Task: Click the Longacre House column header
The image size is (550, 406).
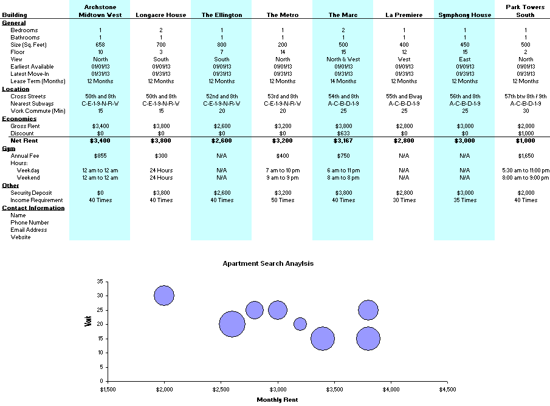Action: [x=160, y=15]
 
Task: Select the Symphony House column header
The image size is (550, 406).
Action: [x=464, y=15]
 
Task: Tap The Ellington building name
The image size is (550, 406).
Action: [x=221, y=15]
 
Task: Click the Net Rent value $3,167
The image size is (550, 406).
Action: [x=343, y=141]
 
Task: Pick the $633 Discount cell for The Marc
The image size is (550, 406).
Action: [x=343, y=133]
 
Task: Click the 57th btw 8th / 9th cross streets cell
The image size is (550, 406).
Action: [x=525, y=96]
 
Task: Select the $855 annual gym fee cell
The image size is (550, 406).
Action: [x=100, y=156]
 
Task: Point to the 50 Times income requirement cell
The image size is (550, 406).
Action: [x=282, y=200]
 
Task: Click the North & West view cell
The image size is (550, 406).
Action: [x=343, y=59]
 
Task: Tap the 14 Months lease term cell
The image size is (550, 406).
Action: [x=343, y=81]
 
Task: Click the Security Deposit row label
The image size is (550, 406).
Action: [x=32, y=193]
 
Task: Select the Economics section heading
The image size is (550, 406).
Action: [x=19, y=118]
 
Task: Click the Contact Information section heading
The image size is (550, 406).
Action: [x=33, y=208]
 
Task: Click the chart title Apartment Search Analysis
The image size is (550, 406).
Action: [x=268, y=264]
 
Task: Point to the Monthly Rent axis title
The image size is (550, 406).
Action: [x=277, y=399]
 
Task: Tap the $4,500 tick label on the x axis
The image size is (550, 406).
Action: [x=447, y=388]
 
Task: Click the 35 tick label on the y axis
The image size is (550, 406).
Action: [x=100, y=282]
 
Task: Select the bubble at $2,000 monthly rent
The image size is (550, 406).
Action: [x=164, y=296]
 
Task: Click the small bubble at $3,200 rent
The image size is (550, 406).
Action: [x=300, y=324]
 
